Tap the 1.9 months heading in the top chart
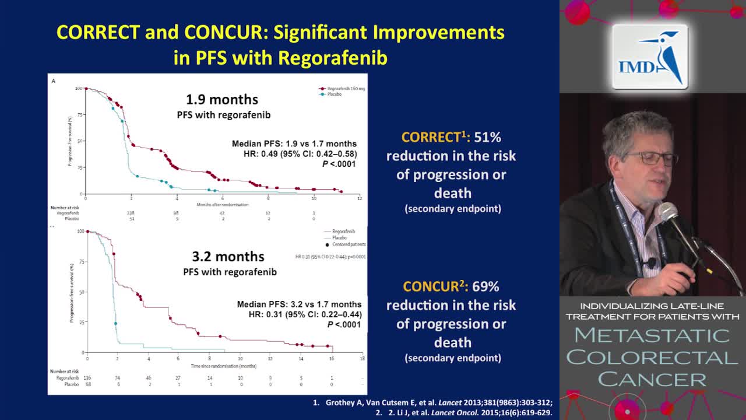221,99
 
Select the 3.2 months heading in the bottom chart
228,256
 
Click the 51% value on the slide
487,137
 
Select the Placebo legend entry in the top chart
333,94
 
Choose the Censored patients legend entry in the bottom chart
346,244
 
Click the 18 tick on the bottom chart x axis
363,358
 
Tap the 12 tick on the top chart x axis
359,199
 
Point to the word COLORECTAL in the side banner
652,357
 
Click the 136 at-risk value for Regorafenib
87,378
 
